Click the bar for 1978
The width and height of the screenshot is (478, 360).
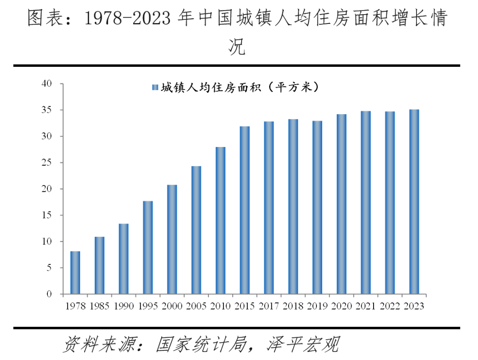75,273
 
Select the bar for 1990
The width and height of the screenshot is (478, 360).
123,259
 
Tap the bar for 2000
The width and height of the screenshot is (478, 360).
172,240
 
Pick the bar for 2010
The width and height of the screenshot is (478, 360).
220,221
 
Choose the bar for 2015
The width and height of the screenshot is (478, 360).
244,210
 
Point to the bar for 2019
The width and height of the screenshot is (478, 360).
317,208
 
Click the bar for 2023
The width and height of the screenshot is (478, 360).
414,202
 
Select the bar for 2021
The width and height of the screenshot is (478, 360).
366,202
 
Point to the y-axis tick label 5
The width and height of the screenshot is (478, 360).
49,268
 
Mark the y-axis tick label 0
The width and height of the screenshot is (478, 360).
49,294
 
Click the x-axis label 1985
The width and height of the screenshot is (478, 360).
100,306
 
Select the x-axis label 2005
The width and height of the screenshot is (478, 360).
196,306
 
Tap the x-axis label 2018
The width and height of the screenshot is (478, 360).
293,306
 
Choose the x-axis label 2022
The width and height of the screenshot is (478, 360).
389,306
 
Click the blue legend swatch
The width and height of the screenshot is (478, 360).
154,88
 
